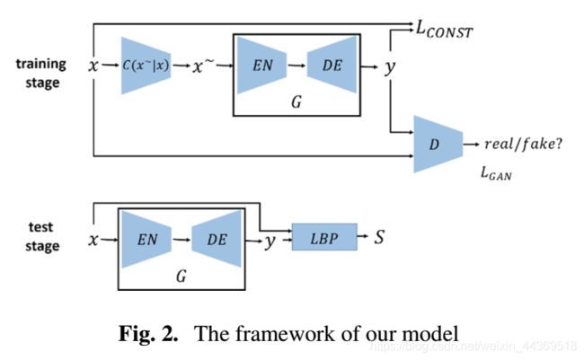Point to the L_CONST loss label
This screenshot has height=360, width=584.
tap(444, 31)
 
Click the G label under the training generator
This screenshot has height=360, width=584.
tap(297, 103)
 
